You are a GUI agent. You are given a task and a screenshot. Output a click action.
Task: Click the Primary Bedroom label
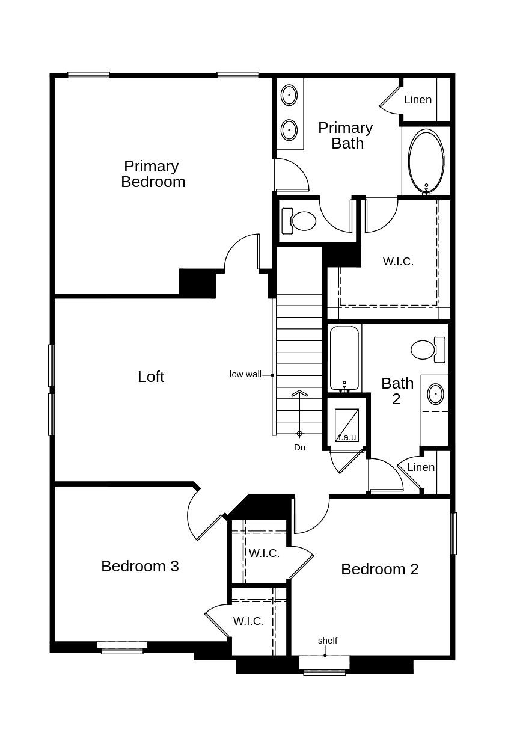pos(153,174)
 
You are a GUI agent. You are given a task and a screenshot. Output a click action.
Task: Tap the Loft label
pos(151,377)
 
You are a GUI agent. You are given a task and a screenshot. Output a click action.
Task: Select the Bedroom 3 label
pos(139,566)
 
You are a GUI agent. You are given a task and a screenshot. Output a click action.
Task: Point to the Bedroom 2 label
pos(379,569)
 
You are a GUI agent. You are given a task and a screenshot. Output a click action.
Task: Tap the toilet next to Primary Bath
pos(300,221)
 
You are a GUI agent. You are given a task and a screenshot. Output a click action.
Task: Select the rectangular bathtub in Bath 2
pos(344,358)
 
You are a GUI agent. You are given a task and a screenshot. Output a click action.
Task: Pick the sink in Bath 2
pos(435,395)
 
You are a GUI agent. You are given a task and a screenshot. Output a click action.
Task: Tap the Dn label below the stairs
pos(299,447)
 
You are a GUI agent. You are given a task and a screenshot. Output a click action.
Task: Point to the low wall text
pos(245,374)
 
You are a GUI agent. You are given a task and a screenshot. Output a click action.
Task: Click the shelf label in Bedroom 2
pos(328,641)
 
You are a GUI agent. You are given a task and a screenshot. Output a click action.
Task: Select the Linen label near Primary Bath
pos(418,100)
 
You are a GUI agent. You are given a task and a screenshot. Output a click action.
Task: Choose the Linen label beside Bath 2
pos(421,467)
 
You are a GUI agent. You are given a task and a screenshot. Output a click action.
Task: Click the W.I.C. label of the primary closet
pos(398,262)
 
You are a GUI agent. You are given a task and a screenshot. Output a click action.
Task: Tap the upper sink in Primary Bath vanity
pos(289,95)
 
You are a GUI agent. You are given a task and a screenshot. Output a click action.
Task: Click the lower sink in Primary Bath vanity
pos(289,129)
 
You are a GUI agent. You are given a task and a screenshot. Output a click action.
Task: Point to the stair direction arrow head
pos(299,394)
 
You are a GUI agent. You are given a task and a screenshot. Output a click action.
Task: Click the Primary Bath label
pos(346,135)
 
